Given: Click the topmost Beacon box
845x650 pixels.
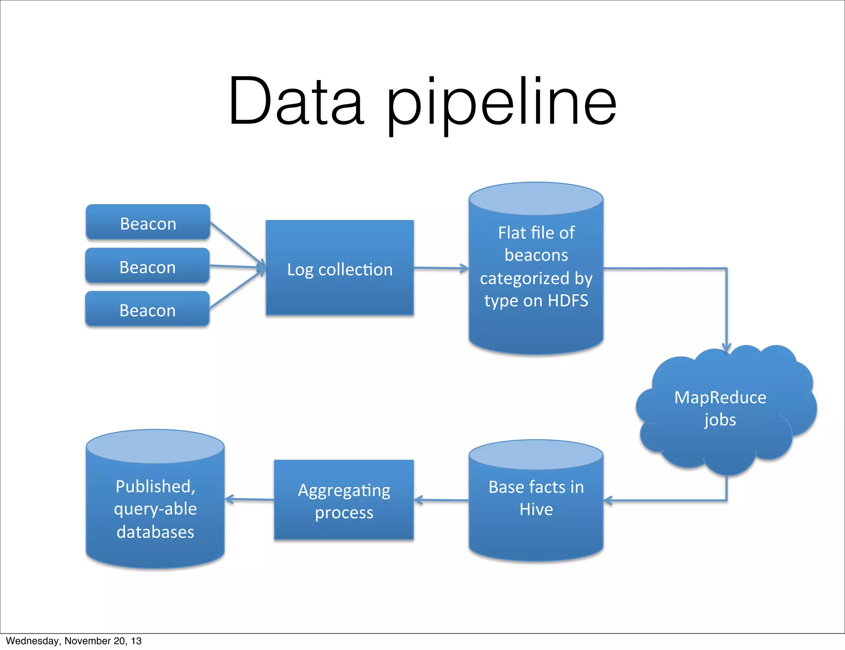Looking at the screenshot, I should pos(148,222).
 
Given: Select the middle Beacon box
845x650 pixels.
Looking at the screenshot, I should pos(147,266).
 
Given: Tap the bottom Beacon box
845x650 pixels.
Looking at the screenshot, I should pos(147,309).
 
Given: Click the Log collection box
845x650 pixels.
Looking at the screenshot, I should pos(340,268).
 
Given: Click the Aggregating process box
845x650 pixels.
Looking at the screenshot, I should pos(344,500).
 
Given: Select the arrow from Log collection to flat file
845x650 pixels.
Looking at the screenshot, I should pos(441,268).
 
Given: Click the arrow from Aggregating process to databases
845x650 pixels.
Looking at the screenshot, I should pos(249,499).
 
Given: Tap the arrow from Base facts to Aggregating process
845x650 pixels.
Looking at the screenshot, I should pos(441,500).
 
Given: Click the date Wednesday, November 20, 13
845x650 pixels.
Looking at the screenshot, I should pos(73,641).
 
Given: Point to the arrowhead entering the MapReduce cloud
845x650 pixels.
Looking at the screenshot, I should pos(727,347).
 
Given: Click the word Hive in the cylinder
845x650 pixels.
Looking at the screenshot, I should pos(536,510).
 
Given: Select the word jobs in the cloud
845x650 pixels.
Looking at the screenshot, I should pos(720,420).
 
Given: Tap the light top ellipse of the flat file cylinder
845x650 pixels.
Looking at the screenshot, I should pos(536,199).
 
